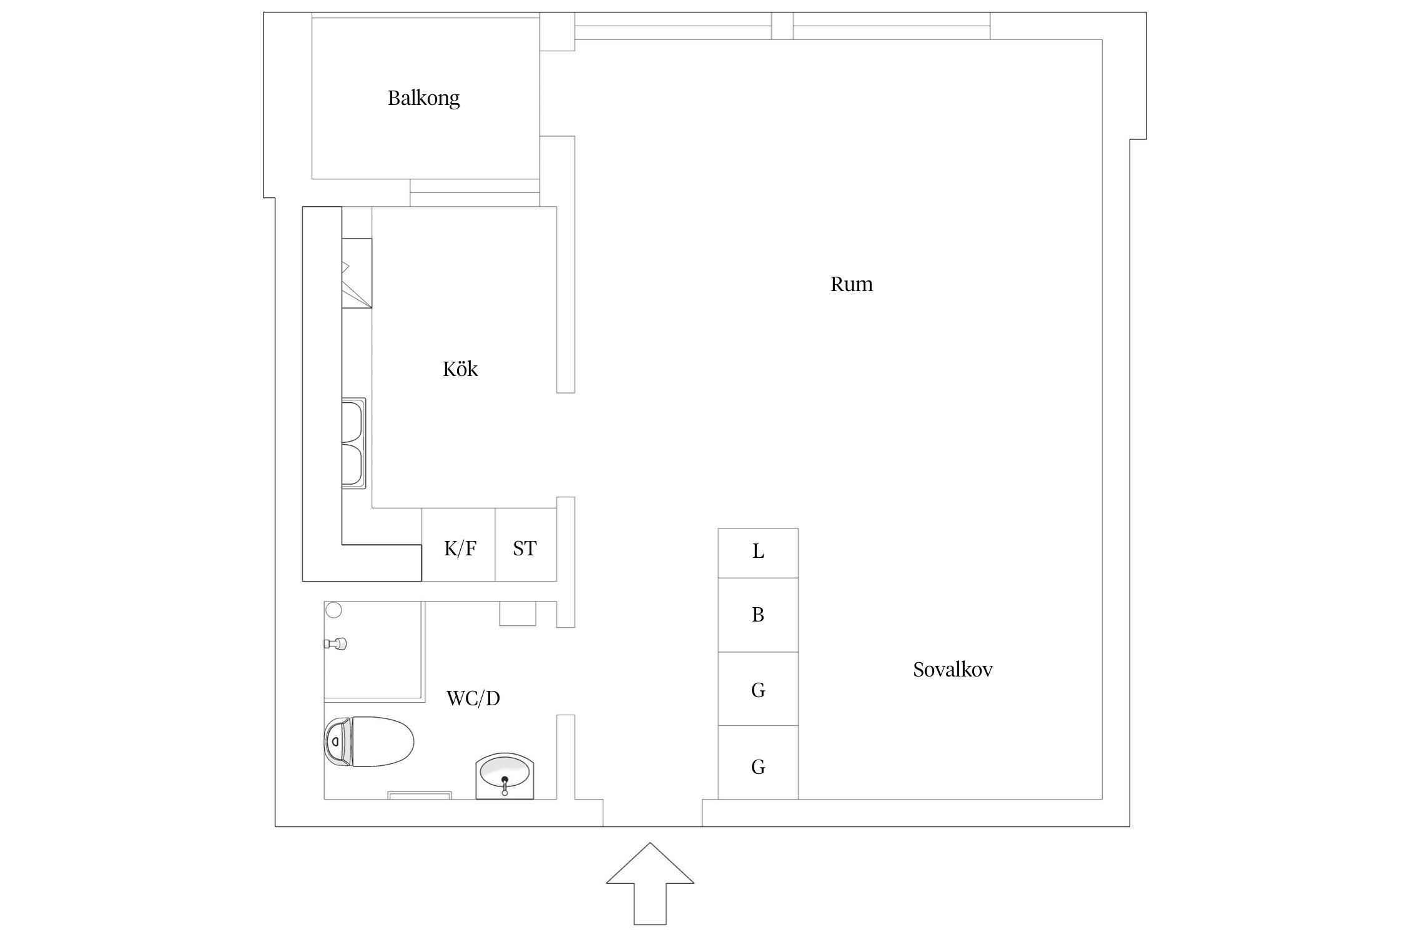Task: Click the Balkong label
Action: [423, 98]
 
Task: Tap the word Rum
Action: [851, 284]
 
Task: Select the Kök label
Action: [460, 369]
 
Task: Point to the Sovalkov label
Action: [952, 670]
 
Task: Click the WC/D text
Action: [473, 698]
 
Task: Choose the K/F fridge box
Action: [459, 545]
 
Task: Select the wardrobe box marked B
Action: [758, 615]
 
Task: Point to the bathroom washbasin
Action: [505, 775]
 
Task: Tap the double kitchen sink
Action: [353, 443]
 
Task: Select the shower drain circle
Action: [334, 610]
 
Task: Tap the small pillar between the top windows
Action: [782, 26]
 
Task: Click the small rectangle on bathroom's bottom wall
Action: [420, 795]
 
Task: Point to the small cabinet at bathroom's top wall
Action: [518, 613]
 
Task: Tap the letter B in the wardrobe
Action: [758, 615]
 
